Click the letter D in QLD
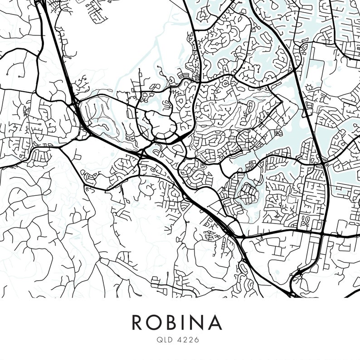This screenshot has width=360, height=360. [170, 339]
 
